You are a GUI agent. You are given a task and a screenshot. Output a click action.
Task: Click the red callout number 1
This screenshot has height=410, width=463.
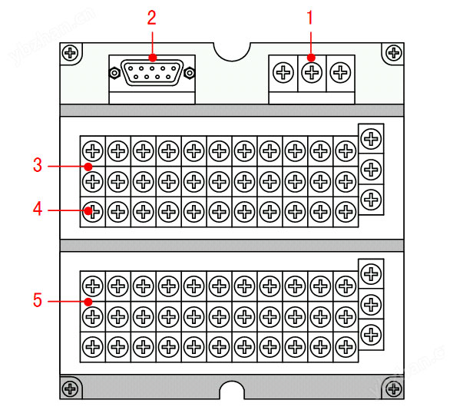coord(311,16)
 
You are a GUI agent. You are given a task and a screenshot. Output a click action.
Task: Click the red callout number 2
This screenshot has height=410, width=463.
coord(152,16)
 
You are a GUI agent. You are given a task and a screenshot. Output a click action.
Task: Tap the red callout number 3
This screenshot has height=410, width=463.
coord(37,165)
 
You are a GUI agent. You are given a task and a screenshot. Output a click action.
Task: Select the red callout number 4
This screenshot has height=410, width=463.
coord(37,209)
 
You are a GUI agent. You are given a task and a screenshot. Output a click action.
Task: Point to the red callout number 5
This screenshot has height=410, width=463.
coord(37,300)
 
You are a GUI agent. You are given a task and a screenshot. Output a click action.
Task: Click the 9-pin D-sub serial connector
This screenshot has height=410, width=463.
coord(152,74)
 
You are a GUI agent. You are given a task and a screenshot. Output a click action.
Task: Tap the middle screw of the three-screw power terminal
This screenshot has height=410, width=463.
coord(311,74)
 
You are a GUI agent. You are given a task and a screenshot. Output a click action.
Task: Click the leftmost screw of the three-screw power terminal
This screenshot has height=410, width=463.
coord(283,74)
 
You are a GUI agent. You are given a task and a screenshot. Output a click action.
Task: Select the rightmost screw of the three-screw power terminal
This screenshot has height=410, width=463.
coord(339,74)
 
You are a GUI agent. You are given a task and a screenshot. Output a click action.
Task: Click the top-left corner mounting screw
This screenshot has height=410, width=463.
coord(71,53)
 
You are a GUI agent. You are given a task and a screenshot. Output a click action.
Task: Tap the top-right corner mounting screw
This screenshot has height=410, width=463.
coord(393,53)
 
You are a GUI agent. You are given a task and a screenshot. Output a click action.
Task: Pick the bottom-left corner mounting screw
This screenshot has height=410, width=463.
coord(71,387)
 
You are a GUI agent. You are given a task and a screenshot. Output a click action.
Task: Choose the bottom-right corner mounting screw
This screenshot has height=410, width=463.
coord(393,387)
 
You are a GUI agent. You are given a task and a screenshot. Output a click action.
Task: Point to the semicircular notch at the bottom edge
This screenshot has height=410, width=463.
coord(232,392)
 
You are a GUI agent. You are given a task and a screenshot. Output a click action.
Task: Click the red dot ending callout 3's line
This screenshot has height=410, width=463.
coord(89,166)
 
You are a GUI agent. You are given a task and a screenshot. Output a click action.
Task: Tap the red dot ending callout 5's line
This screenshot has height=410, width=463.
coord(89,301)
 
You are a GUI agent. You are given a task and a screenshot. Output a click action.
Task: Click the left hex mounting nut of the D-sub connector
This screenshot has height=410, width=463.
coord(114,74)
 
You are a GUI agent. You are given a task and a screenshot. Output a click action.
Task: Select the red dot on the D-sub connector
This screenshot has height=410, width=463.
coord(152,58)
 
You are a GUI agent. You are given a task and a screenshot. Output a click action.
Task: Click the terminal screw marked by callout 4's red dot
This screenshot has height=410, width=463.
coord(92,210)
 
